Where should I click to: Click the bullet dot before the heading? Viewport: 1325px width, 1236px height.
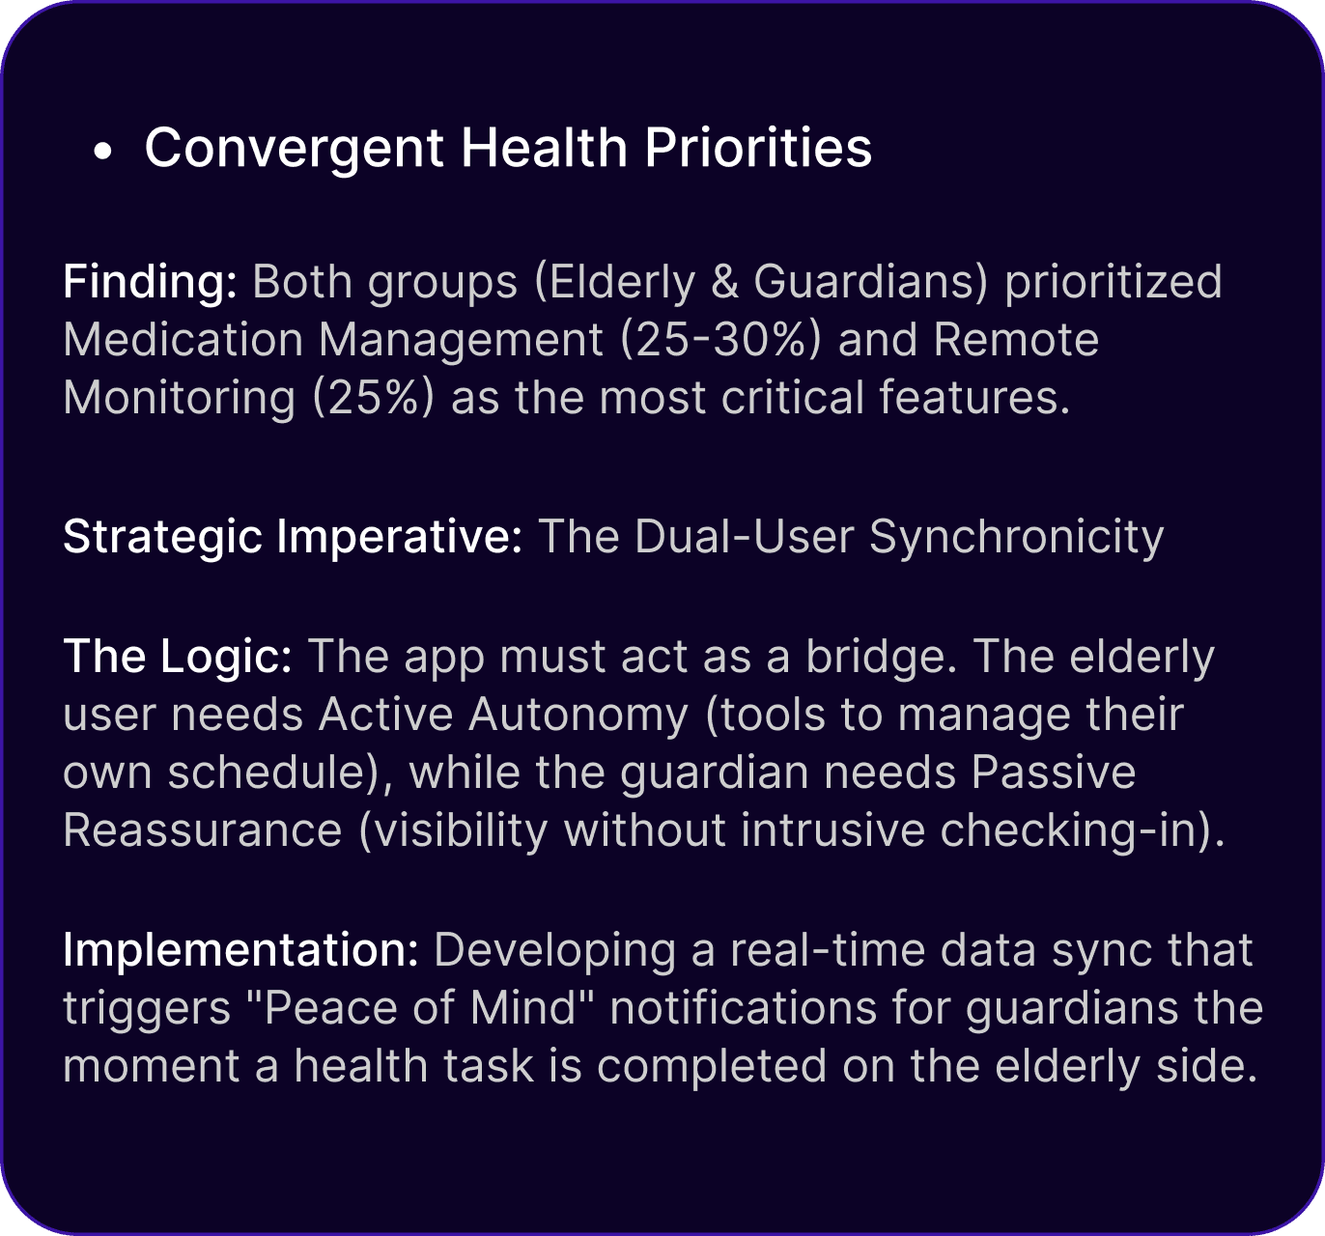pyautogui.click(x=102, y=151)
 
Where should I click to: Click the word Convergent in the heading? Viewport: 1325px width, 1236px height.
pyautogui.click(x=295, y=148)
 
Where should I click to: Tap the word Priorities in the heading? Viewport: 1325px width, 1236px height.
pyautogui.click(x=758, y=147)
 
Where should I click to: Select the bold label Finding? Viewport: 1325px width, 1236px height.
pyautogui.click(x=150, y=282)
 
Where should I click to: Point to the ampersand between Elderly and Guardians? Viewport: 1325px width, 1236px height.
pyautogui.click(x=724, y=282)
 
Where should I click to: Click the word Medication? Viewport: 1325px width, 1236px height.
pyautogui.click(x=183, y=340)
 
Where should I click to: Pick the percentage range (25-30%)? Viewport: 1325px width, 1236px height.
pyautogui.click(x=721, y=340)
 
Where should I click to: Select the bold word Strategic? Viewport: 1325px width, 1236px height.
pyautogui.click(x=163, y=537)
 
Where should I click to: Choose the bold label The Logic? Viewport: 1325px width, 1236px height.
pyautogui.click(x=178, y=658)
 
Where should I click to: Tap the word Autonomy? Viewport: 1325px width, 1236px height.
pyautogui.click(x=578, y=716)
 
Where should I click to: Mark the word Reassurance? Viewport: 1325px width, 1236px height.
pyautogui.click(x=203, y=830)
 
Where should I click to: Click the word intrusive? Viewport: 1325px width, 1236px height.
pyautogui.click(x=832, y=830)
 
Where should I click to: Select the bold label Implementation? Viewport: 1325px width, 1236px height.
pyautogui.click(x=240, y=950)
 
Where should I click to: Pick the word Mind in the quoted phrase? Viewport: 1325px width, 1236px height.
pyautogui.click(x=523, y=1008)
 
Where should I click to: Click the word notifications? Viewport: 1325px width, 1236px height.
pyautogui.click(x=744, y=1008)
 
